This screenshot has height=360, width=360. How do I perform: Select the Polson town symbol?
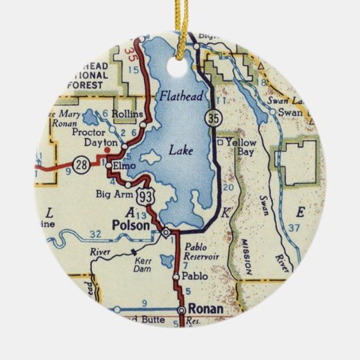pyautogui.click(x=166, y=233)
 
